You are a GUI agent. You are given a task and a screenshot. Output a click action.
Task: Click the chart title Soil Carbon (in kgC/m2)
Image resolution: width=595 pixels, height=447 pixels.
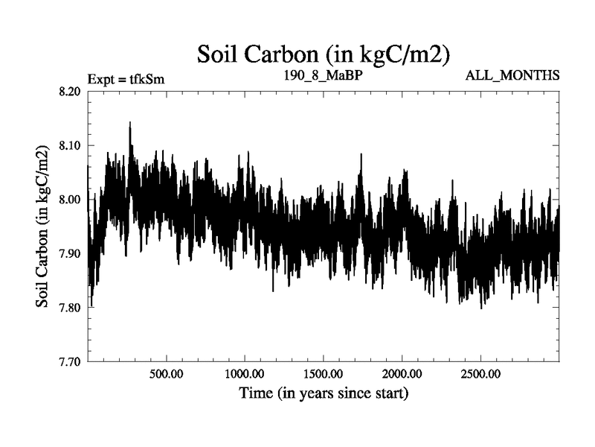point(323,54)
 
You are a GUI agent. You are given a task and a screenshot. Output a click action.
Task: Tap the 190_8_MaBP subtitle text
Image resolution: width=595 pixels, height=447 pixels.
point(322,76)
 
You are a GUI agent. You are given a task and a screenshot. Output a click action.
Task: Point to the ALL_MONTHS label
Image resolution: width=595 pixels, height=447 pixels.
point(512,76)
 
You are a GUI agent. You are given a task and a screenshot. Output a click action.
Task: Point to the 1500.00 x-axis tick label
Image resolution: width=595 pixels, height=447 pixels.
point(323,373)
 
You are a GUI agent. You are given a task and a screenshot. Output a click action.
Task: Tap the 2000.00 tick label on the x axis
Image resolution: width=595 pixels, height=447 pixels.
point(401,373)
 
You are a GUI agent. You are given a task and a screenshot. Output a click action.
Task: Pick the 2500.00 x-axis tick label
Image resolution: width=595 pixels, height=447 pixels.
point(480,373)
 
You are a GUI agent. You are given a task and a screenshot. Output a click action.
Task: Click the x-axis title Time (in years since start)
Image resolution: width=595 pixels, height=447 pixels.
point(323,392)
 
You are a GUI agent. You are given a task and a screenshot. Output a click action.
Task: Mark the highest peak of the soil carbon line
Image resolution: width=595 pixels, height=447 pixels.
point(130,123)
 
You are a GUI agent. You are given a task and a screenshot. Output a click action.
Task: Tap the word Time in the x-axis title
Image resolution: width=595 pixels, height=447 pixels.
point(254,392)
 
